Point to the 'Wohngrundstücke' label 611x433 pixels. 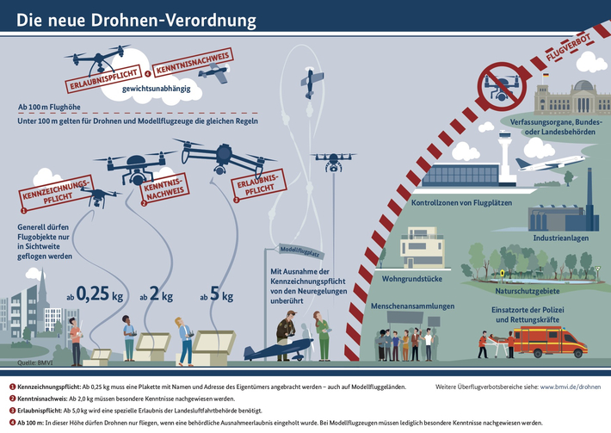point(410,281)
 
